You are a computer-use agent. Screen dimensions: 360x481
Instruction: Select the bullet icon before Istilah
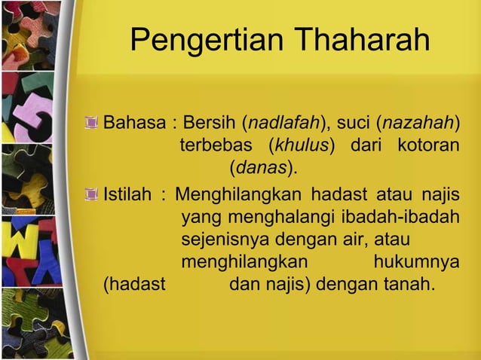click(92, 197)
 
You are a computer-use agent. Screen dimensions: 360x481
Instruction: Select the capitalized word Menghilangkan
click(242, 197)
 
